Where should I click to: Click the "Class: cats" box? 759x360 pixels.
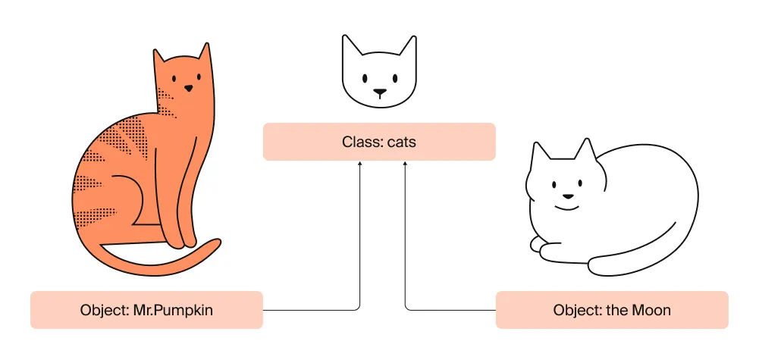(x=379, y=142)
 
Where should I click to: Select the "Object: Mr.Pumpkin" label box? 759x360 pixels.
(x=146, y=310)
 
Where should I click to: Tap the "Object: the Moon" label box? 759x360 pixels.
(x=612, y=310)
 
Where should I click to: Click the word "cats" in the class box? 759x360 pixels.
(x=402, y=142)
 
